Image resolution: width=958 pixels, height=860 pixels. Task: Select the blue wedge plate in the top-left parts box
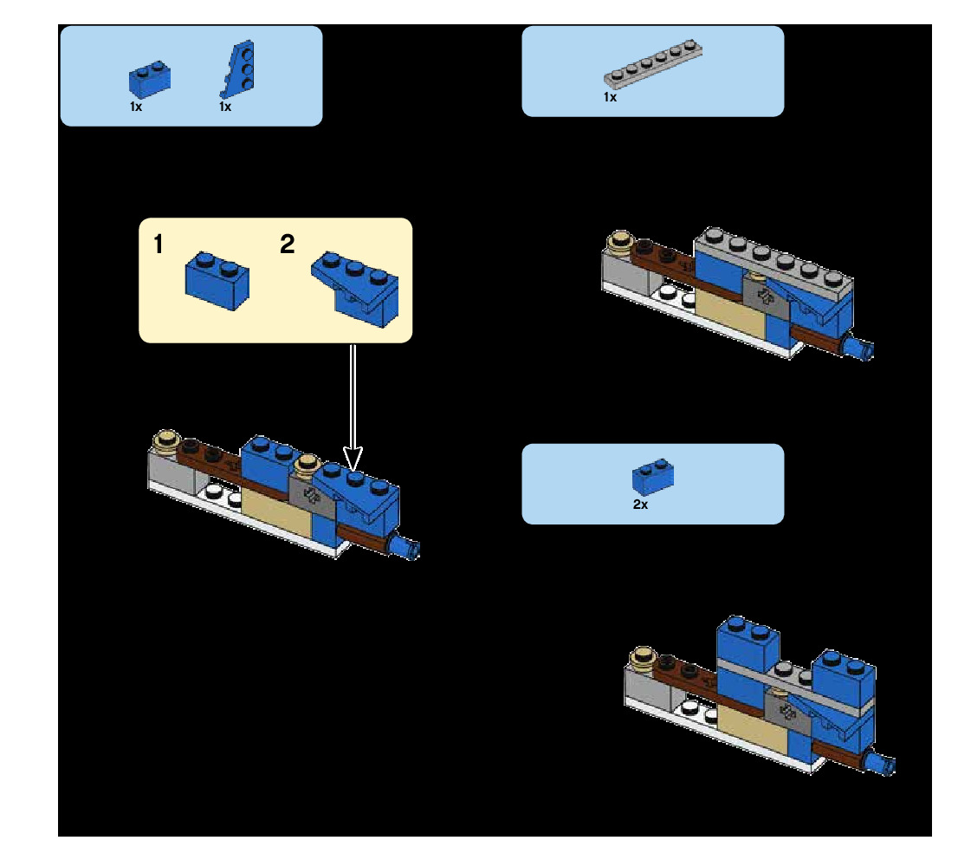tap(238, 69)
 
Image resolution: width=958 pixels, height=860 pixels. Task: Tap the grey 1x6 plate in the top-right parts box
tap(652, 63)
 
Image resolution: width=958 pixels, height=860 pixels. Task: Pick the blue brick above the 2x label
tap(654, 476)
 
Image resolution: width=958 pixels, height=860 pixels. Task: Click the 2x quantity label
tap(640, 505)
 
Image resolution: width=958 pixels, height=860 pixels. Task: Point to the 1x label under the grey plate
tap(610, 98)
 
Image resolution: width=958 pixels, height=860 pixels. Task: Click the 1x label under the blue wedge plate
tap(225, 107)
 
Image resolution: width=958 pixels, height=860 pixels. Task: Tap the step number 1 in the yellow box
tap(158, 245)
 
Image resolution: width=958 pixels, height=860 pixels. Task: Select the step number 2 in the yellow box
tap(288, 245)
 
